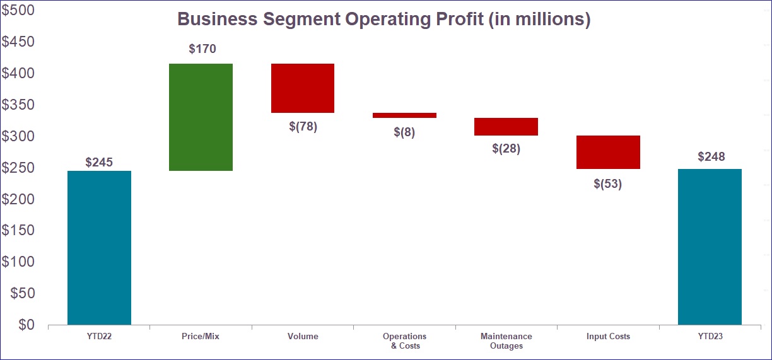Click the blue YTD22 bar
(x=99, y=248)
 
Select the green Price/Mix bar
(x=201, y=117)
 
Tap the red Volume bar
(x=303, y=88)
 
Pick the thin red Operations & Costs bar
(x=404, y=115)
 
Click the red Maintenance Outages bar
(x=506, y=127)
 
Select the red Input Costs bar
(x=608, y=152)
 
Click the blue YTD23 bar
(x=710, y=247)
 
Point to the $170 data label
(x=202, y=49)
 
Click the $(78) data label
(x=303, y=126)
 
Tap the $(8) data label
(x=404, y=132)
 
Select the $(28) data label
(x=506, y=149)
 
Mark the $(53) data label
(x=608, y=184)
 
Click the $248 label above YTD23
(x=711, y=156)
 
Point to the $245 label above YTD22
(x=99, y=162)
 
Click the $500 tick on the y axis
(x=18, y=11)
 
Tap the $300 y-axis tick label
(x=18, y=136)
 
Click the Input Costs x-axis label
(x=608, y=337)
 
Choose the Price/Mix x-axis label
(x=201, y=337)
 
